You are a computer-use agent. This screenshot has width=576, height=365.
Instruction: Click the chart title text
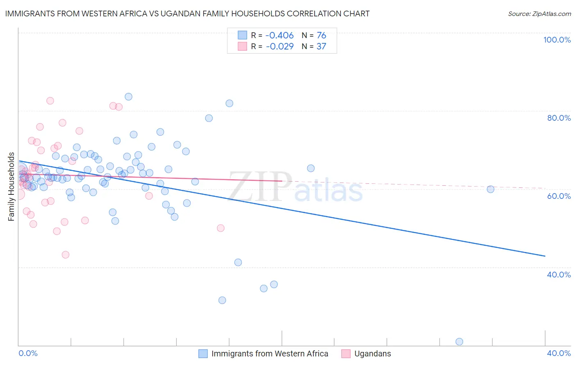[187, 14]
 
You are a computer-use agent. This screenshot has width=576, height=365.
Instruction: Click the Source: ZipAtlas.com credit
[539, 14]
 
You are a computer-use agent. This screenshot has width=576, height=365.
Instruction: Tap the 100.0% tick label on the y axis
[557, 40]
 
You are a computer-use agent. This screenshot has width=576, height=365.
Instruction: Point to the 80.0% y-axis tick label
[559, 118]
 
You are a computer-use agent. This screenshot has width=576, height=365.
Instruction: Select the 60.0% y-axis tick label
[559, 196]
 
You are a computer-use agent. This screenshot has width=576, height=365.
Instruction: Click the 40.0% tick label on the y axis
[559, 275]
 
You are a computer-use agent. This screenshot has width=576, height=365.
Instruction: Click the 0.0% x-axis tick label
[28, 353]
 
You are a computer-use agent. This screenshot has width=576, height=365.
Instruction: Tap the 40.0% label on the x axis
[559, 353]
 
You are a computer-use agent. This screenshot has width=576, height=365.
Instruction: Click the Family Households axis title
[11, 187]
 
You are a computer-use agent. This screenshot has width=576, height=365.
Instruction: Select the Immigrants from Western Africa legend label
[270, 354]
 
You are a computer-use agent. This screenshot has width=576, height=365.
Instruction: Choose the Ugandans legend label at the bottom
[372, 354]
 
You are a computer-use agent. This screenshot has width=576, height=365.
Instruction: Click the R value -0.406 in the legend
[280, 36]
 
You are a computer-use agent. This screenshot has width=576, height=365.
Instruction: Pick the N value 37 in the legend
[321, 47]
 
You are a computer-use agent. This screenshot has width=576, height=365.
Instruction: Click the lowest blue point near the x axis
[459, 342]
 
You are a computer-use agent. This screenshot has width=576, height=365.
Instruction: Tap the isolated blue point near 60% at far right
[490, 189]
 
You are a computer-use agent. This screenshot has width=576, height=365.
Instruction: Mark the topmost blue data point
[129, 97]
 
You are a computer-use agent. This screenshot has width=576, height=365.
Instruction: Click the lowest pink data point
[66, 255]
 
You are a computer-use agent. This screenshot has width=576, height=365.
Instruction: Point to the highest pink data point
[50, 101]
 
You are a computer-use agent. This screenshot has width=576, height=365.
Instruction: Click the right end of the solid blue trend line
[545, 256]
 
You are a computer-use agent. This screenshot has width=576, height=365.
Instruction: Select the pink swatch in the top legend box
[243, 46]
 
